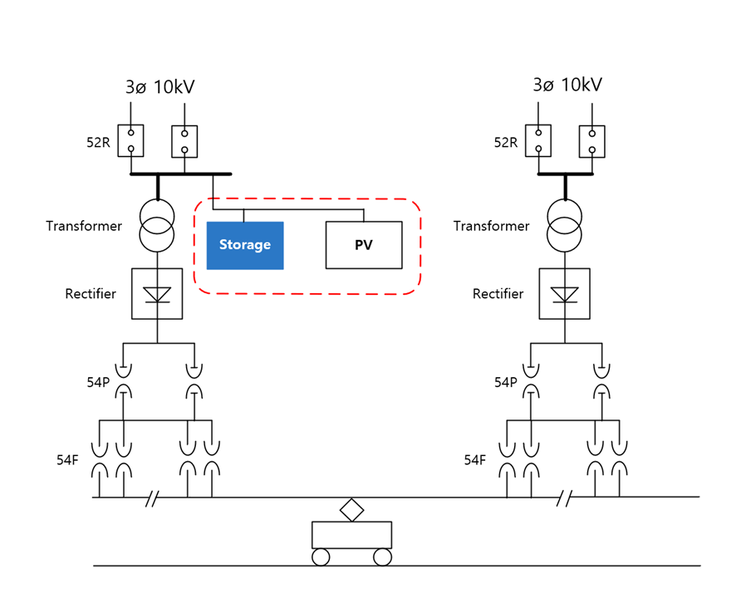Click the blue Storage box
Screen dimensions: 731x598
point(245,245)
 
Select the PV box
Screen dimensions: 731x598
point(364,245)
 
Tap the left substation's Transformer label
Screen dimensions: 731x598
point(84,226)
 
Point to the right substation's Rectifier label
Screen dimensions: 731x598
point(498,294)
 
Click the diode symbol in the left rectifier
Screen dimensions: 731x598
point(157,295)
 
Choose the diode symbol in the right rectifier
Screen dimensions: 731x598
point(565,295)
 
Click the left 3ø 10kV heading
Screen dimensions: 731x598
point(159,86)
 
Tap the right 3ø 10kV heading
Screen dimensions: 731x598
point(567,85)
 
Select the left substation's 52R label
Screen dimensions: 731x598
point(98,142)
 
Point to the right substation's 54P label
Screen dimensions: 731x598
point(506,382)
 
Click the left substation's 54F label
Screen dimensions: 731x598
point(67,460)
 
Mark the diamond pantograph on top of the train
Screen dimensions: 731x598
point(351,510)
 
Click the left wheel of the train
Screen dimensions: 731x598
point(321,557)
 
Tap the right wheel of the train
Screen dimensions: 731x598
point(382,557)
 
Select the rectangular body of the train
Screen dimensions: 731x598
point(351,535)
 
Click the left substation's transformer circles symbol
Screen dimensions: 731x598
point(157,226)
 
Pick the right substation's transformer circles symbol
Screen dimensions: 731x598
point(565,226)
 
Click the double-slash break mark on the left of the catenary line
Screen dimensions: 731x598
point(152,498)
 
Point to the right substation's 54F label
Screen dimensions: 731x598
point(475,460)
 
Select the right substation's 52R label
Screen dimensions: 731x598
point(506,142)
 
